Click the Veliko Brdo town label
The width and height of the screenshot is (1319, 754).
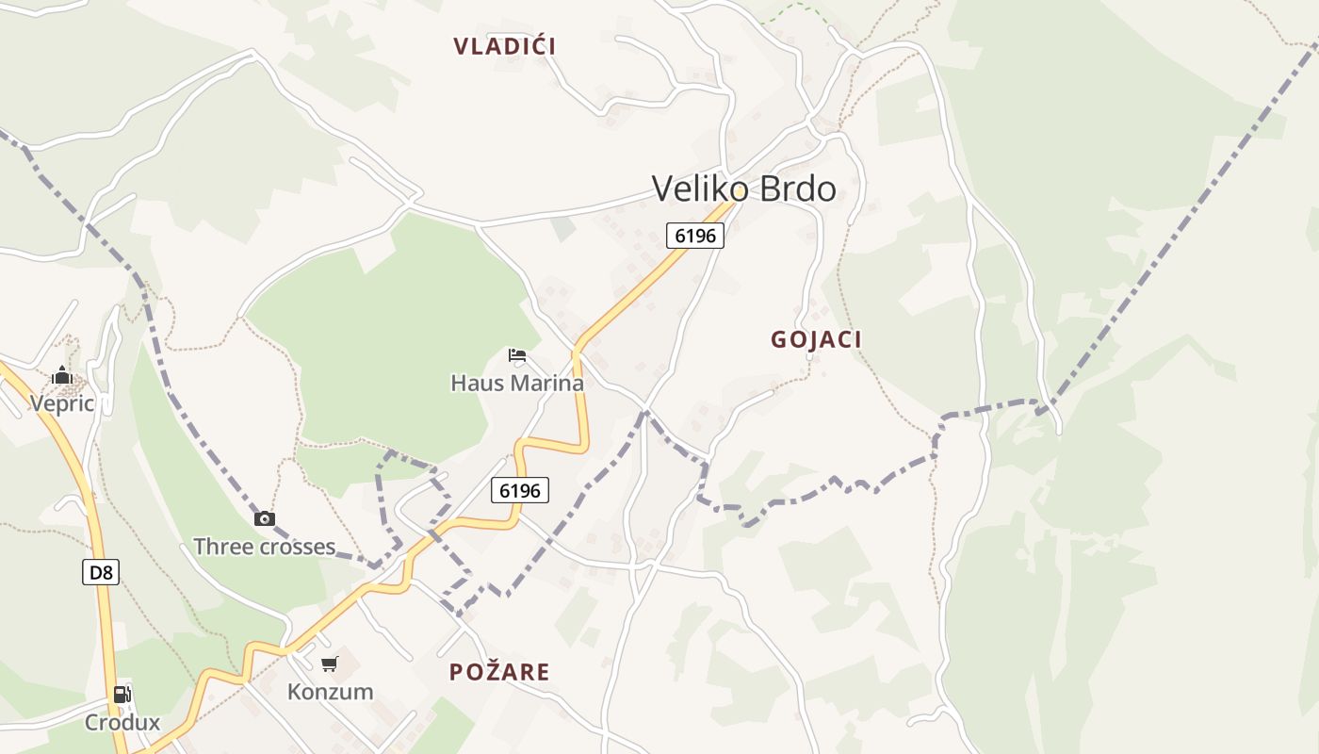(x=743, y=189)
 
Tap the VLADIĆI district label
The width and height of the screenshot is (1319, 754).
(x=504, y=46)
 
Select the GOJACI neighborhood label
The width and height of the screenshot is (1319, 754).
(x=816, y=339)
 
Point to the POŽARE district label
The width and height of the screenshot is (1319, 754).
(x=499, y=672)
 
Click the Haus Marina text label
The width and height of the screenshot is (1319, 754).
(x=517, y=384)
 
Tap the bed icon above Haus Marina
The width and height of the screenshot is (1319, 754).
(x=517, y=355)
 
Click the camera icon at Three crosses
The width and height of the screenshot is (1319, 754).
(x=265, y=518)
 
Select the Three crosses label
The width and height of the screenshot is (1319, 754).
(x=264, y=547)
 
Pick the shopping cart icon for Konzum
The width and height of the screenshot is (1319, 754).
(x=329, y=664)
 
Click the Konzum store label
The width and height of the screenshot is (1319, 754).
(x=330, y=692)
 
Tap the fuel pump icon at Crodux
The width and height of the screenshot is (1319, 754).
(x=122, y=695)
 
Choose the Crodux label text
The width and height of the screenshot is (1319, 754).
(x=122, y=723)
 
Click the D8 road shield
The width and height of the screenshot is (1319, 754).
(x=101, y=572)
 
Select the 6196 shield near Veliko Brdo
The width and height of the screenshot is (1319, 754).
(x=695, y=235)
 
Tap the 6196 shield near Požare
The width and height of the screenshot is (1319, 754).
(x=520, y=490)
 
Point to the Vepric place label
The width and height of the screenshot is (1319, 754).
(x=62, y=403)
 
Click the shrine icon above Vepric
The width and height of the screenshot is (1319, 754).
(x=62, y=376)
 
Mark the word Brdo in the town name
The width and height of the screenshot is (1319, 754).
(x=797, y=189)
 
